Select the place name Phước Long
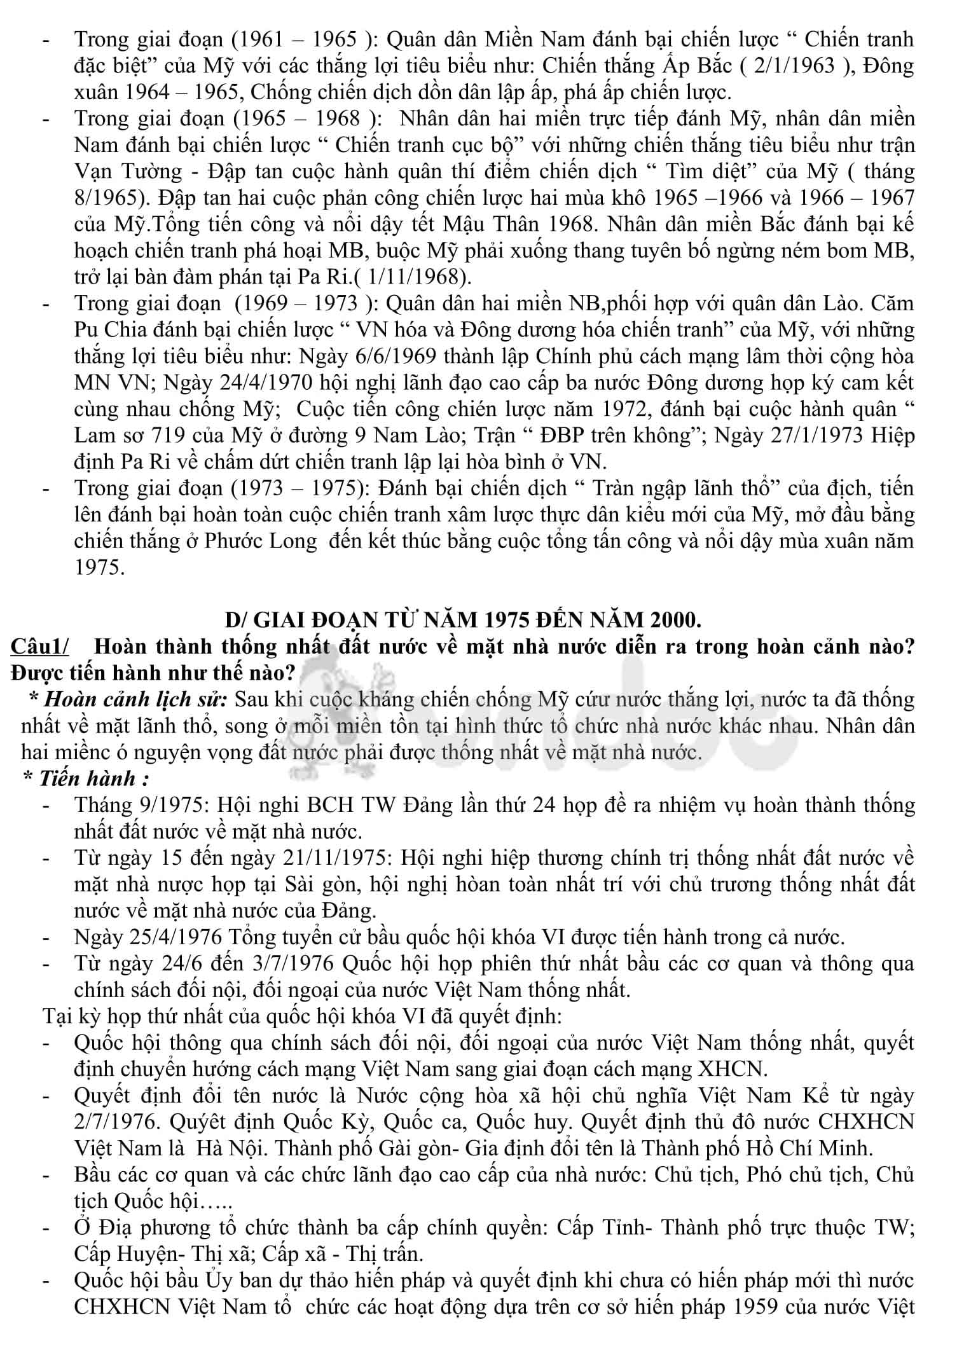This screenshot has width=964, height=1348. click(x=260, y=541)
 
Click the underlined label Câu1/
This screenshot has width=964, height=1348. click(x=39, y=646)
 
